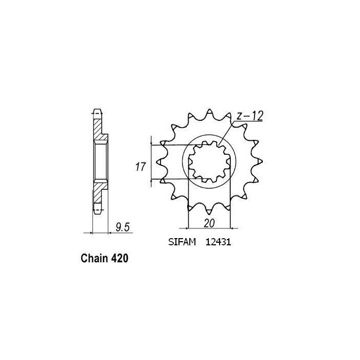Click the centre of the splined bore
point(210,161)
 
